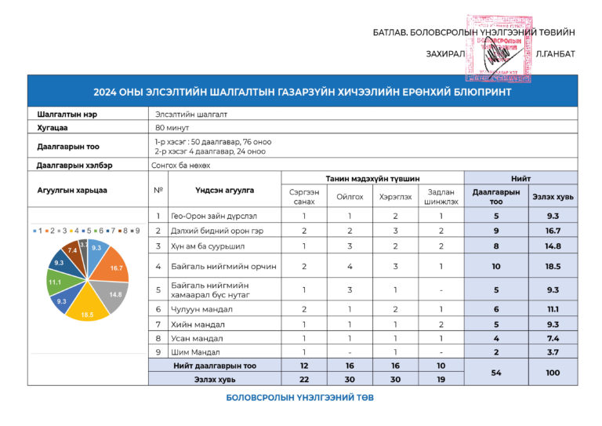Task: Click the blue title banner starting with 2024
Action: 302,92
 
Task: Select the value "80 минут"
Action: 172,127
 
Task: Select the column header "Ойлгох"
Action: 350,198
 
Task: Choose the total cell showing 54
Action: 496,373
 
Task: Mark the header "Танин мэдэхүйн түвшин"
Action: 372,179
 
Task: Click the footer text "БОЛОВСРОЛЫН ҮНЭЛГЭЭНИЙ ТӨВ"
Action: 300,398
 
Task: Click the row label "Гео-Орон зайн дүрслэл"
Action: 214,216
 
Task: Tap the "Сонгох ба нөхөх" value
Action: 181,166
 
